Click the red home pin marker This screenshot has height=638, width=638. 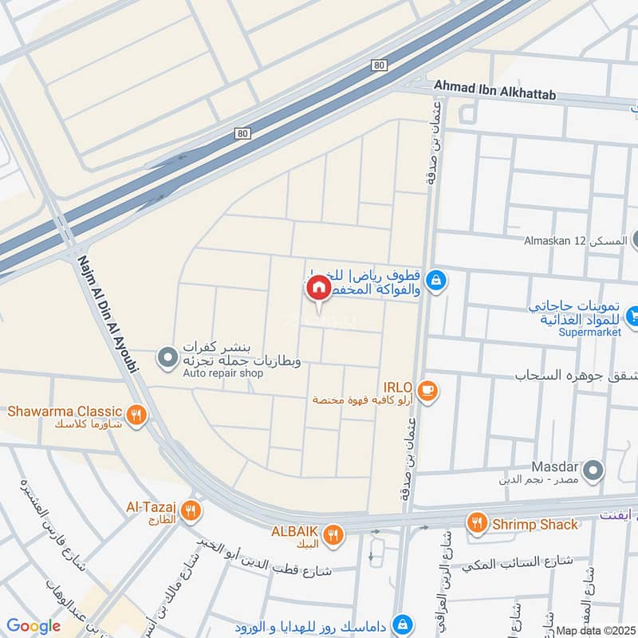point(318,288)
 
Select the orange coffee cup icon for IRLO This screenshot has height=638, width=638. point(427,390)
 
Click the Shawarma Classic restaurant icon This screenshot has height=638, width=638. point(137,414)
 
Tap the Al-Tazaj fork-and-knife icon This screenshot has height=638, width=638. point(189,510)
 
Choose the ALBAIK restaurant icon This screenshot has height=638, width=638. point(334,534)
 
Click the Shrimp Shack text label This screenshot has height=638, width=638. point(534,524)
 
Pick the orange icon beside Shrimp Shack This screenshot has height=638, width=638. point(478,523)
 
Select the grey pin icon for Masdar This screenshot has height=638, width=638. point(593,471)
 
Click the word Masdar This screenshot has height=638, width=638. point(553,466)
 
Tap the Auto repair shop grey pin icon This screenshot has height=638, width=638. point(167,358)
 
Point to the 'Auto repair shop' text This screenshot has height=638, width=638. point(223,372)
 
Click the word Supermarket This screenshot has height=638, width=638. point(589,332)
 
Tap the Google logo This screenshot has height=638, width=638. point(33,626)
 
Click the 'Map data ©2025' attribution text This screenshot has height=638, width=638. point(595,630)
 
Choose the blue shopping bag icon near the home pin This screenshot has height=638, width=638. point(435,280)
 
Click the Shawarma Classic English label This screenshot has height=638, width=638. point(65,412)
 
